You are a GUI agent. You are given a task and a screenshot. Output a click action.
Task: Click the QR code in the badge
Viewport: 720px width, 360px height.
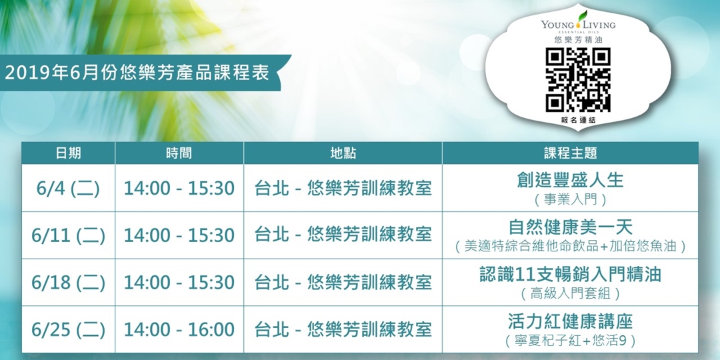(x=578, y=80)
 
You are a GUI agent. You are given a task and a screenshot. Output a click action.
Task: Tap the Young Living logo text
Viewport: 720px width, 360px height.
(x=578, y=25)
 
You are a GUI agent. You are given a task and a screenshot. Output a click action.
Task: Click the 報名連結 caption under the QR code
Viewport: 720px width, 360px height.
(x=578, y=120)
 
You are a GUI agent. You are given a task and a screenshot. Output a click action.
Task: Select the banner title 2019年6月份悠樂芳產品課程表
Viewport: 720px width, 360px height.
(x=137, y=73)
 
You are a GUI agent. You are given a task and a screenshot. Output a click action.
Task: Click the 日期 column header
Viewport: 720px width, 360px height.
(x=68, y=153)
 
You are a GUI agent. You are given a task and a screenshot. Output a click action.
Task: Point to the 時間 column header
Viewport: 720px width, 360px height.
(x=179, y=153)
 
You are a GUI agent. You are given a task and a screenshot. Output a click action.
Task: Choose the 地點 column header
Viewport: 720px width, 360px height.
(x=343, y=153)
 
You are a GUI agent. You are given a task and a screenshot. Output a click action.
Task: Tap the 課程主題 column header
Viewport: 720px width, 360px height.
(x=570, y=153)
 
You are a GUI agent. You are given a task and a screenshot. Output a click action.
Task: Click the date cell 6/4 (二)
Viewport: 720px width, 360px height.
(x=68, y=189)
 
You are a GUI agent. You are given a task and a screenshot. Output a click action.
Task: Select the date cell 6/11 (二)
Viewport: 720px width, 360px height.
(x=68, y=235)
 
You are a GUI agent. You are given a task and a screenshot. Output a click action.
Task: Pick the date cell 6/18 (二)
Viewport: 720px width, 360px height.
(x=68, y=282)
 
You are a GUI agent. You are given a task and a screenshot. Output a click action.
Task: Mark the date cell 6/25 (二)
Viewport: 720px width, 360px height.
(x=68, y=329)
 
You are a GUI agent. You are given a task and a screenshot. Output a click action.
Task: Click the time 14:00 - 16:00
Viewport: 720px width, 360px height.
(x=179, y=329)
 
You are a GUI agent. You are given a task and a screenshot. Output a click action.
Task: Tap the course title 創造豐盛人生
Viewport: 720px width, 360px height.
(x=570, y=180)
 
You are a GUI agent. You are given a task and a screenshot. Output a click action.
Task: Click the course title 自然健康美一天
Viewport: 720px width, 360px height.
(x=570, y=227)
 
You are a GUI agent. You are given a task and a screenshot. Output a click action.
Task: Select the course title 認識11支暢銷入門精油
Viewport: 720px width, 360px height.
(x=570, y=274)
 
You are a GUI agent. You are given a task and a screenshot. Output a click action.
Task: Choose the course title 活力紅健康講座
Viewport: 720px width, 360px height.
(x=570, y=321)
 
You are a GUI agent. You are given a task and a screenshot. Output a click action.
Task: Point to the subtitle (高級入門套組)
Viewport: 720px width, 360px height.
(x=570, y=293)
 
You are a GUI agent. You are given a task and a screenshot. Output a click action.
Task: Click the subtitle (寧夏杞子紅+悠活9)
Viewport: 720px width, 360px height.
(x=570, y=341)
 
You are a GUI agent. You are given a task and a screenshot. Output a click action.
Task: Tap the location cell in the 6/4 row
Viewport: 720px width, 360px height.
(x=343, y=189)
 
